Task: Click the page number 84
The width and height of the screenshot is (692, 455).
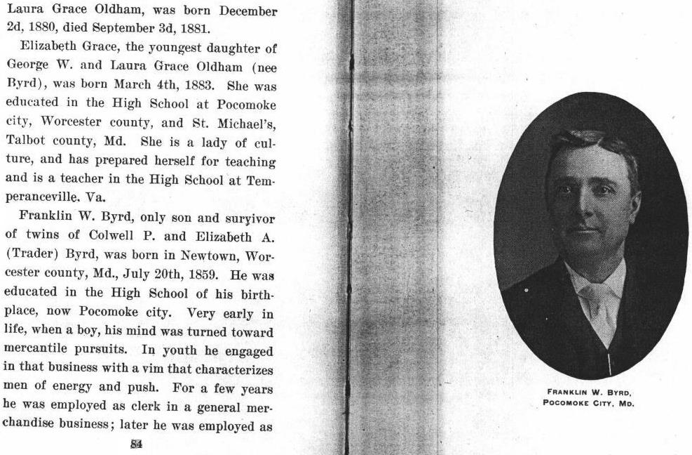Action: click(x=137, y=444)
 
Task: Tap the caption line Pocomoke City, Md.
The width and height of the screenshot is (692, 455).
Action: click(x=588, y=403)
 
